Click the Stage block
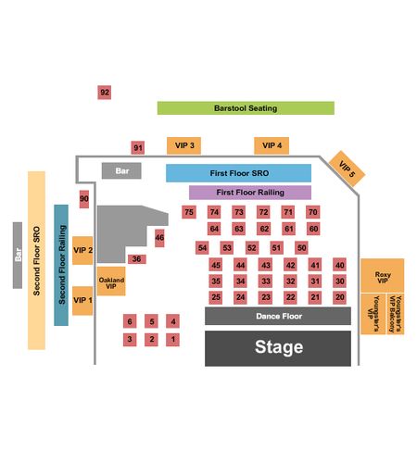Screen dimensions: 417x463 pos(278,348)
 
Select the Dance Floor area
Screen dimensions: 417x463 pos(278,316)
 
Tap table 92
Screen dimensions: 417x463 pos(105,93)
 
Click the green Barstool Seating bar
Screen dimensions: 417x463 pos(246,108)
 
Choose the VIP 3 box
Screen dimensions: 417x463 pos(183,145)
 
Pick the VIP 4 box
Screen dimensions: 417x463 pos(272,145)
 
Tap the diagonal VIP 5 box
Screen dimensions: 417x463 pos(347,169)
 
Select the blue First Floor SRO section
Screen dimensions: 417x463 pos(238,173)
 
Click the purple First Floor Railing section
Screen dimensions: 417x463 pos(250,193)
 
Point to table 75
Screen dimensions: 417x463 pos(189,212)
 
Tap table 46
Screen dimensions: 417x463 pos(159,238)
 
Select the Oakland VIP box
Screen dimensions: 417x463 pos(111,282)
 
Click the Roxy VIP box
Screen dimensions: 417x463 pos(383,276)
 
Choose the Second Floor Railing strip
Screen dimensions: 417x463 pos(61,265)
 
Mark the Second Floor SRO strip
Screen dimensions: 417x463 pos(36,260)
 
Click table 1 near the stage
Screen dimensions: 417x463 pos(172,339)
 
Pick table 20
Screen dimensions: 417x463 pos(339,297)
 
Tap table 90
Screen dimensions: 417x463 pos(84,199)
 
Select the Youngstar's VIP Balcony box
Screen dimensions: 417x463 pos(395,314)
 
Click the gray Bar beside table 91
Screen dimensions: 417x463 pos(121,170)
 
